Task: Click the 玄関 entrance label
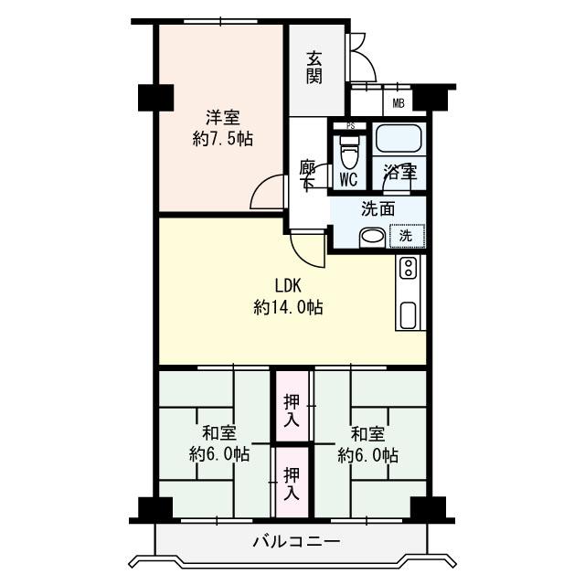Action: point(314,68)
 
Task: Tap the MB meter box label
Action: point(399,103)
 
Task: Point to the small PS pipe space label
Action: point(350,126)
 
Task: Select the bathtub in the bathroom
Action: point(399,138)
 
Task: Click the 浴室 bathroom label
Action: point(400,173)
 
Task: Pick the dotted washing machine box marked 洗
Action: point(407,236)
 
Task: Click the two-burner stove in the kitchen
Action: point(408,268)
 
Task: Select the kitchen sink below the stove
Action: point(408,314)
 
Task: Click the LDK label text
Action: point(288,286)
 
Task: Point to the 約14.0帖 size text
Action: point(288,307)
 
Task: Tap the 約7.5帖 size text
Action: point(223,139)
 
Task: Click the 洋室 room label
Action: point(223,118)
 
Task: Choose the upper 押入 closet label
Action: point(292,410)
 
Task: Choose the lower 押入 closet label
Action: point(292,484)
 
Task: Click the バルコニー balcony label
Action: point(296,541)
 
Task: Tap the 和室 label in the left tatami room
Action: point(219,433)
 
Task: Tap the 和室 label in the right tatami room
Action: point(367,433)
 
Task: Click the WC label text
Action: point(349,180)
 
